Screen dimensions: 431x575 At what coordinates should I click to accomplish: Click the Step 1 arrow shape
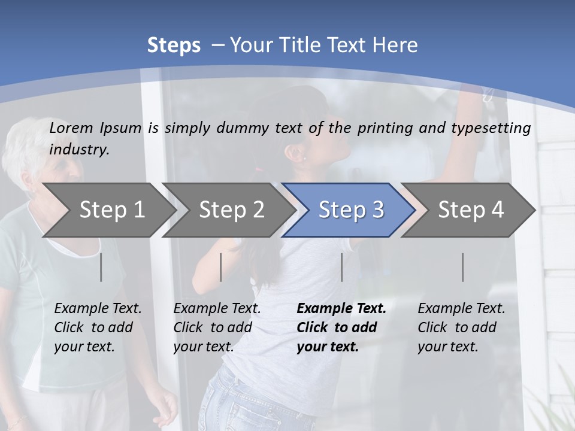pos(111,210)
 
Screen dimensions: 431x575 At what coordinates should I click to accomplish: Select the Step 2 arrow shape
pos(231,210)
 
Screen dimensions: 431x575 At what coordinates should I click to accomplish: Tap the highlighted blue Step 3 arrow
pos(351,210)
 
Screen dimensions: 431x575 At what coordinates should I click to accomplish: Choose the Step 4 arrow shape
pos(471,210)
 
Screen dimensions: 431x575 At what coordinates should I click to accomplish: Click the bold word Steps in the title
pos(174,45)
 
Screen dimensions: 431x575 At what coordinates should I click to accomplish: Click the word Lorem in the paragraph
pos(71,128)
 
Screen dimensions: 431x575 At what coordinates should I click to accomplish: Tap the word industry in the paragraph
pos(78,150)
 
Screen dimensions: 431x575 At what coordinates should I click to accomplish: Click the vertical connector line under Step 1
pos(101,267)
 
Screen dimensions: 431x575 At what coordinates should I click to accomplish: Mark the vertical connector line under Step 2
pos(221,267)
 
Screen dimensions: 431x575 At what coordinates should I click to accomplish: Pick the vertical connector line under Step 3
pos(341,267)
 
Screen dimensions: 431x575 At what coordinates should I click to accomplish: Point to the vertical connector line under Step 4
pos(462,267)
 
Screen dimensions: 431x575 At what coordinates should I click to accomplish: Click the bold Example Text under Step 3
pos(341,309)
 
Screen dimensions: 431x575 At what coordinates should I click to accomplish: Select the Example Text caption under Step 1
pos(98,309)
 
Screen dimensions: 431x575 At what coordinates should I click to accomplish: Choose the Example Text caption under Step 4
pos(461,309)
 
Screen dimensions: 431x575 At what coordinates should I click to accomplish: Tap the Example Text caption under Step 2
pos(217,309)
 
